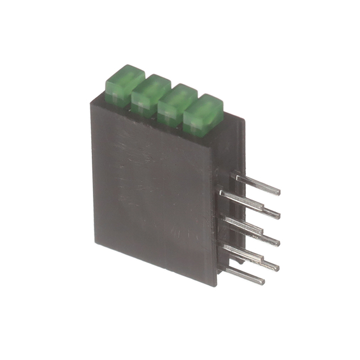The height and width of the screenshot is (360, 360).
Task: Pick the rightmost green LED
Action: (x=202, y=111)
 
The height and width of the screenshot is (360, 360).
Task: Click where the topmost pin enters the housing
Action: (x=233, y=175)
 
